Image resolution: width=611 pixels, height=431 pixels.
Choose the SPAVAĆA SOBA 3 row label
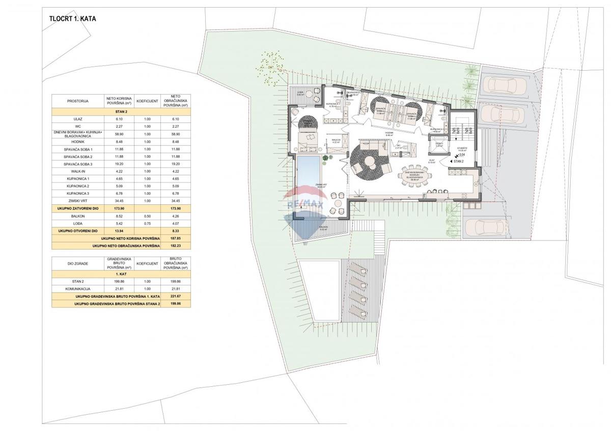(78, 164)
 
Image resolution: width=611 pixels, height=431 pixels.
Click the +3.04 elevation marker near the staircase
(461, 155)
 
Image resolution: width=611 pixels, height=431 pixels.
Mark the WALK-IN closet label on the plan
(336, 141)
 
